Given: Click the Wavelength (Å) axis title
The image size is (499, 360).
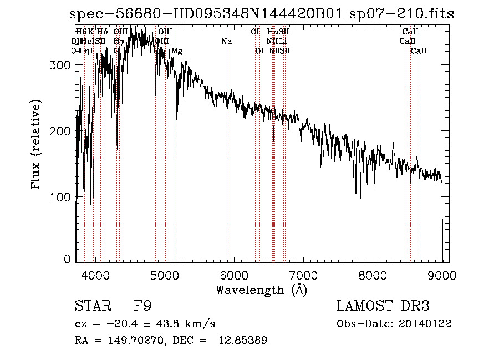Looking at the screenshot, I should click(261, 290).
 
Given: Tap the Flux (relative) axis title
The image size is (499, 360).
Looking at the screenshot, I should click(37, 145).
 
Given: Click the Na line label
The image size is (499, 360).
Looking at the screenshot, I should click(226, 41).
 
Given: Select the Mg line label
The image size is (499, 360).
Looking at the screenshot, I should click(176, 51).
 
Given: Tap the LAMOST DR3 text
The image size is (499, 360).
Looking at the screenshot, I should click(383, 306).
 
